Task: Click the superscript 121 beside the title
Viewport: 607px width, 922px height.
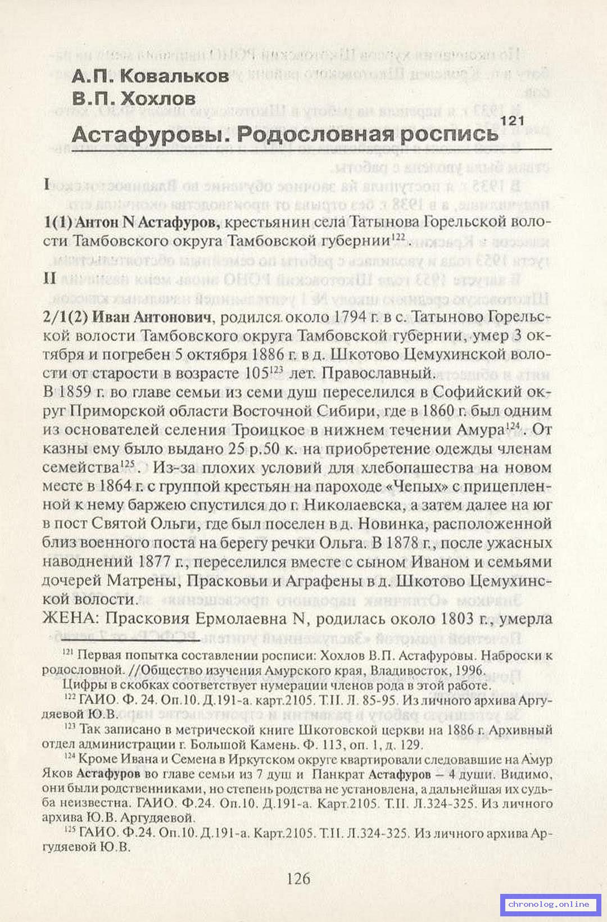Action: pos(511,120)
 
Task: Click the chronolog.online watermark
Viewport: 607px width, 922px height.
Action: pos(548,904)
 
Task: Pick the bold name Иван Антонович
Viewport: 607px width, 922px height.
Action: pos(152,317)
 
